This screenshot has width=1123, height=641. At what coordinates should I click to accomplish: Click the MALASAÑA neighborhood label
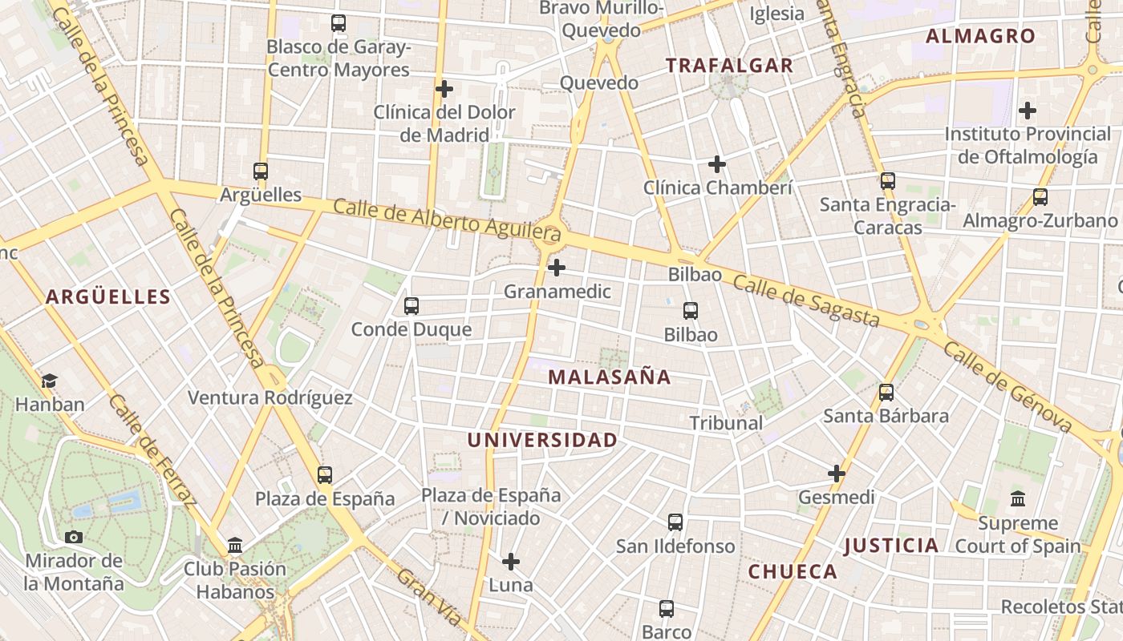(x=609, y=377)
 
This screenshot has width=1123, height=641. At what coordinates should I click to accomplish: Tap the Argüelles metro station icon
(x=261, y=171)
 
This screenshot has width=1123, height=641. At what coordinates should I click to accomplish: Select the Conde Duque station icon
(x=411, y=305)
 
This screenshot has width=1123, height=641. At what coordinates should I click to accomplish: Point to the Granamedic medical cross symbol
(x=557, y=267)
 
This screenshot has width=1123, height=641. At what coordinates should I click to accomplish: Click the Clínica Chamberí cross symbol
(x=717, y=164)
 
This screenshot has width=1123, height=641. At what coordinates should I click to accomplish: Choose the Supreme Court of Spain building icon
(x=1018, y=498)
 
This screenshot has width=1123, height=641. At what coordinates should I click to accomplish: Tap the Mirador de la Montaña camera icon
(x=74, y=537)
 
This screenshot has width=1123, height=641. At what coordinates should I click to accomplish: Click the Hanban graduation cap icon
(x=50, y=381)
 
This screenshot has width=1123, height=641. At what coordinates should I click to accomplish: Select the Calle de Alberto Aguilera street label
(x=446, y=220)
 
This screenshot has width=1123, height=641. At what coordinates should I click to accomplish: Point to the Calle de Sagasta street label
(x=805, y=301)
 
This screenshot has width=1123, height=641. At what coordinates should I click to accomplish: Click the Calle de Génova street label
(x=1007, y=386)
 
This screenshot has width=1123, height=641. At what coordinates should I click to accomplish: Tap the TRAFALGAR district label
(x=729, y=66)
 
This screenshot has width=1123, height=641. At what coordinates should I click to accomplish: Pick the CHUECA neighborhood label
(x=793, y=571)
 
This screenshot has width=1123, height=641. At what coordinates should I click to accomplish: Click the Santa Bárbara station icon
(x=886, y=392)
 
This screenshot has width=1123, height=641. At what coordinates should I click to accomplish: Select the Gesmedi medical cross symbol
(x=837, y=474)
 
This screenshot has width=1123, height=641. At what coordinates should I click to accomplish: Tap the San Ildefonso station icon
(x=675, y=522)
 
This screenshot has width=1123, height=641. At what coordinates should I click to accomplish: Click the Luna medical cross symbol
(x=511, y=561)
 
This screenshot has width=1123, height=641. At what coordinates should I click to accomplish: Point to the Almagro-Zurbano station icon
(x=1040, y=196)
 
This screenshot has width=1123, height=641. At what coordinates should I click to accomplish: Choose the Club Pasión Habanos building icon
(x=235, y=546)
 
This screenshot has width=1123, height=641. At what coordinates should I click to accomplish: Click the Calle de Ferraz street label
(x=152, y=450)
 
